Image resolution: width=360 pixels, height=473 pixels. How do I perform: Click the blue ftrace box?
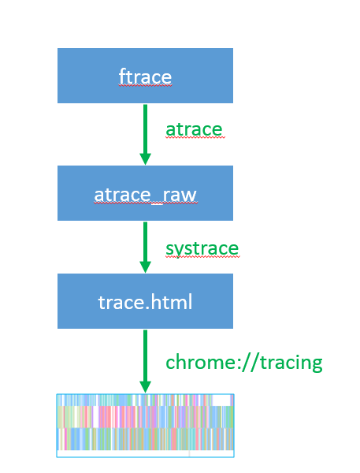(145, 76)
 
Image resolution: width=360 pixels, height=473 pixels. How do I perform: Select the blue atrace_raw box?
(145, 193)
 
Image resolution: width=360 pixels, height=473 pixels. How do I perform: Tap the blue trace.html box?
(145, 301)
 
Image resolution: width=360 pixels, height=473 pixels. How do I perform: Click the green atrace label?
(194, 130)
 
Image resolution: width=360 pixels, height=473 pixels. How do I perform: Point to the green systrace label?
(202, 249)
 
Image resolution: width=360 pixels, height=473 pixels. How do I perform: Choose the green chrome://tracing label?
(244, 362)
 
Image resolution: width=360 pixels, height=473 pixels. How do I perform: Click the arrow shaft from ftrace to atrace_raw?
(145, 129)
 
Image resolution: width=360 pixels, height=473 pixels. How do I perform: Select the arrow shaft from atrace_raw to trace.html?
(145, 242)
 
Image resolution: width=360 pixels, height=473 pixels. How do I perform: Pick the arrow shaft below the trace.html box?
(145, 356)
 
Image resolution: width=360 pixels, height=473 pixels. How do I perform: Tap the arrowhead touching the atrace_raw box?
(145, 159)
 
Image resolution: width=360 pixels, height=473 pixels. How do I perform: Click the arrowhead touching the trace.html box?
(145, 267)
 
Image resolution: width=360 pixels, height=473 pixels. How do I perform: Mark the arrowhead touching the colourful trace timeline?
(145, 387)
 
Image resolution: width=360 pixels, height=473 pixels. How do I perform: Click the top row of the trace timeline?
(145, 400)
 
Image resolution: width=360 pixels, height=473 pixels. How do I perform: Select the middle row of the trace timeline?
(145, 417)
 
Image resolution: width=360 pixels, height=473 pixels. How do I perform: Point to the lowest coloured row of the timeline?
(145, 439)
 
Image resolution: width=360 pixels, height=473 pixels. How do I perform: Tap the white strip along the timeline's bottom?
(145, 453)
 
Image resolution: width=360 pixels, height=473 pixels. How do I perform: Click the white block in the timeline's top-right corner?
(221, 400)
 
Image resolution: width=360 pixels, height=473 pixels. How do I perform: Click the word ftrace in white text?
(145, 76)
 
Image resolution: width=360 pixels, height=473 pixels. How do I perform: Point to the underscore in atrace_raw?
(157, 203)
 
